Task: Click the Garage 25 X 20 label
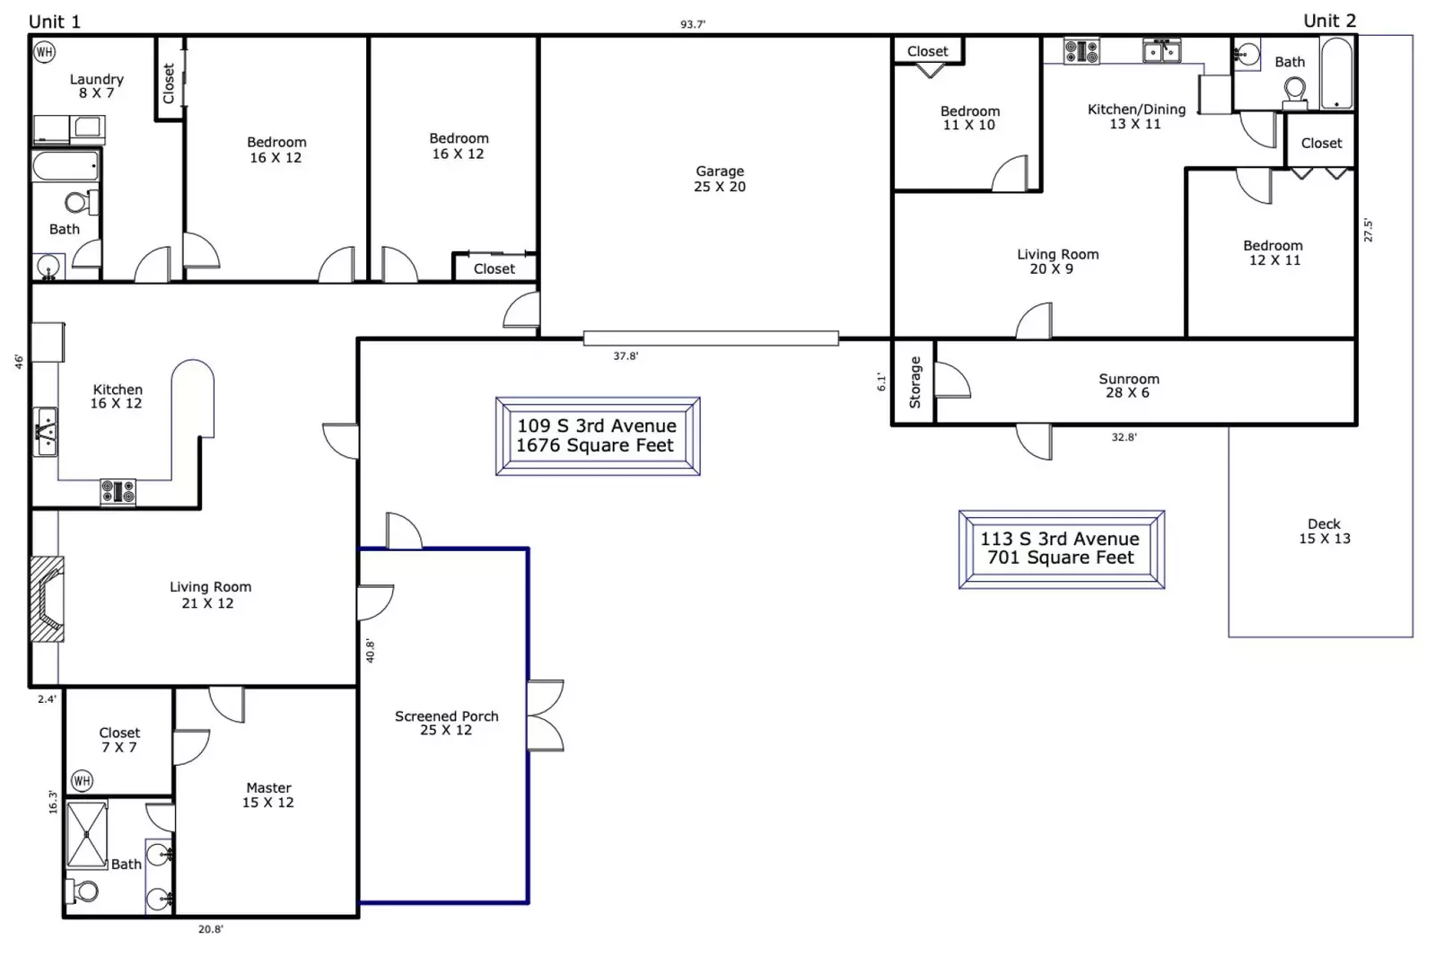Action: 720,179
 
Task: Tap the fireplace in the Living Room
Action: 48,598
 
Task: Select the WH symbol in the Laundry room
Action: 44,52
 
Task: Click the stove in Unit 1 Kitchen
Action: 118,492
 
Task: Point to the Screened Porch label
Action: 446,723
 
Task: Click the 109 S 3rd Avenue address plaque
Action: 597,435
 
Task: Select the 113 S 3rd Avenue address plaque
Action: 1061,549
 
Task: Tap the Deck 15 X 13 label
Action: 1324,531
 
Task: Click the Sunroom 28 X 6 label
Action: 1128,385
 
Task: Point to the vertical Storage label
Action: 914,382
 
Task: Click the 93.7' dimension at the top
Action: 692,24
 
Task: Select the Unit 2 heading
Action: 1329,21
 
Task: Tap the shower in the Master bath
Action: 87,834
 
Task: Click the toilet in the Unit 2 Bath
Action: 1294,91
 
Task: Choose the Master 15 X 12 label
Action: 268,795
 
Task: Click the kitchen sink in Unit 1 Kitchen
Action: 45,432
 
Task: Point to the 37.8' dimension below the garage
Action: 626,356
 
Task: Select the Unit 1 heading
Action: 55,22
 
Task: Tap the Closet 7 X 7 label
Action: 119,740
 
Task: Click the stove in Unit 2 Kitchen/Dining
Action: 1081,51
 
